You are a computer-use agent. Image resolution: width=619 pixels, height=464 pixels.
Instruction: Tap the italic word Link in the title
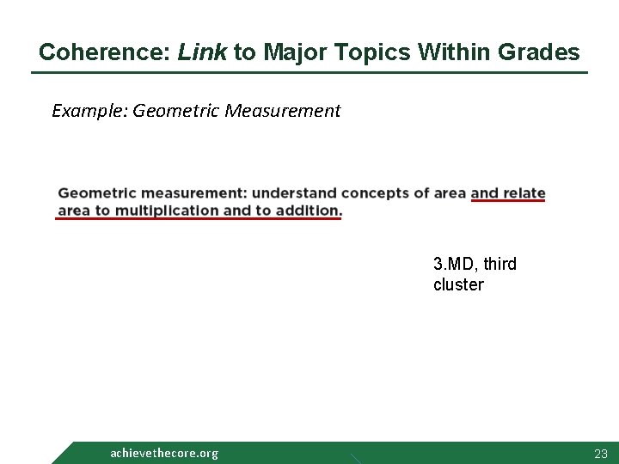202,52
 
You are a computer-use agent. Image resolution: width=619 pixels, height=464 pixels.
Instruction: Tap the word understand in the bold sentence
295,193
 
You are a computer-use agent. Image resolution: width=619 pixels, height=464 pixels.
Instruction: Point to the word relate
524,193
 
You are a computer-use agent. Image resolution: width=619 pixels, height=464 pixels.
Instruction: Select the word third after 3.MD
500,264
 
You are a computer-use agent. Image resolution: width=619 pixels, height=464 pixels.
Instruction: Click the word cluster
458,284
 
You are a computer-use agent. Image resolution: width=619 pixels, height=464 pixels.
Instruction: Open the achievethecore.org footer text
164,453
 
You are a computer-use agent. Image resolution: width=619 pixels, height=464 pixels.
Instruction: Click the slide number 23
600,454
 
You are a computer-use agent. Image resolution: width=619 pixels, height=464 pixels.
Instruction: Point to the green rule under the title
309,72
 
